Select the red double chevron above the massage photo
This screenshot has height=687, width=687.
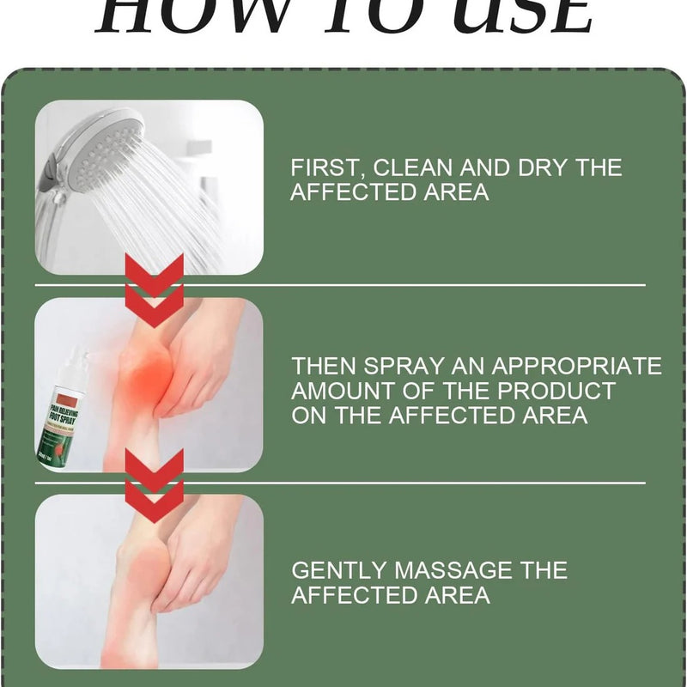pos(155,485)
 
